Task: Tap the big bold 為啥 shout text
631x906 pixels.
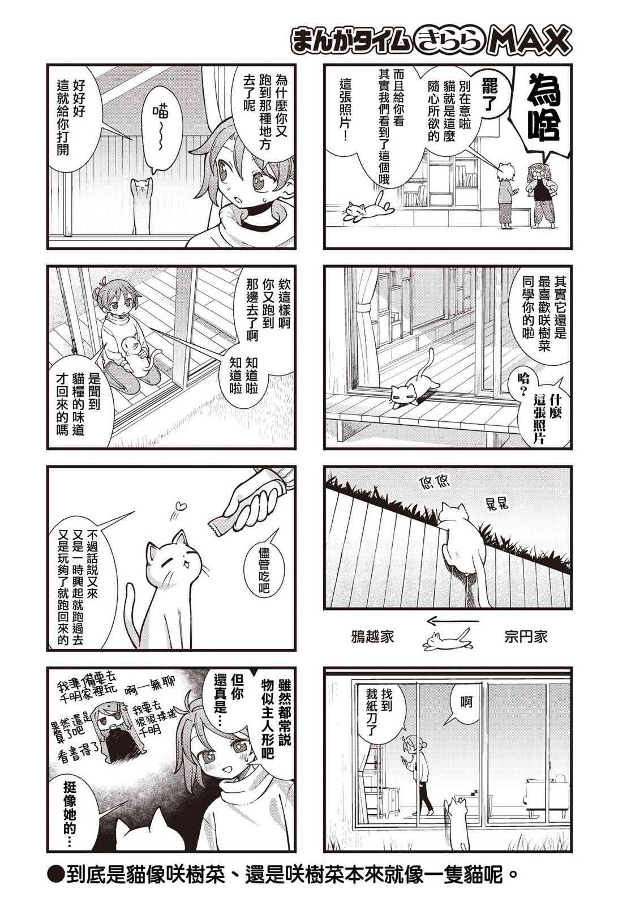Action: [544, 107]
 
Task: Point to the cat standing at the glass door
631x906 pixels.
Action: [141, 206]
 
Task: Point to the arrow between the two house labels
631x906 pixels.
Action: [453, 620]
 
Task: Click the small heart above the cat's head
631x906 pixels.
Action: [182, 505]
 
